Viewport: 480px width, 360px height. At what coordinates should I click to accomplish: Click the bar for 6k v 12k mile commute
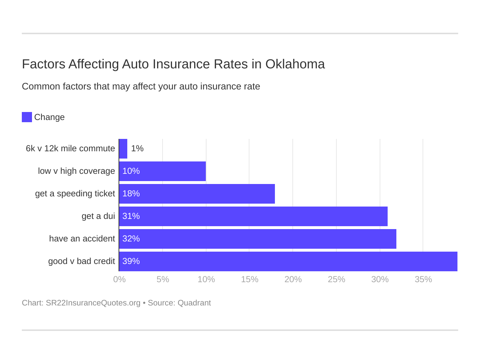pos(123,149)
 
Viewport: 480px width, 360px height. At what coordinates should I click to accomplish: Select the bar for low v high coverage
pos(163,171)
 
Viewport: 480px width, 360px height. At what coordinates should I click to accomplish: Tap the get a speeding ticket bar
pos(197,194)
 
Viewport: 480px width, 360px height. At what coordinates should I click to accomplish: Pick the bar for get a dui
pos(253,216)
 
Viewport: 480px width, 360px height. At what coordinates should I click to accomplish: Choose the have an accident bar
pos(258,239)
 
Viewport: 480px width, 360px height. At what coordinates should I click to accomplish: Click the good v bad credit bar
pos(288,261)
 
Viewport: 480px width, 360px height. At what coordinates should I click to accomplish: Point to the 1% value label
pos(137,149)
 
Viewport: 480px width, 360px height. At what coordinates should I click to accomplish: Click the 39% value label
pos(131,261)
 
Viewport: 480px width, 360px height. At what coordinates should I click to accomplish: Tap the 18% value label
pos(131,194)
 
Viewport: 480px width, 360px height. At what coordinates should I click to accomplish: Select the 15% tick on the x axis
pos(249,279)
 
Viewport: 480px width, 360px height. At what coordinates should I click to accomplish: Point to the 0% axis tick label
pos(119,279)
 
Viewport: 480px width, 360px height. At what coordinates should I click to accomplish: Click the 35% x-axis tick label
pos(423,279)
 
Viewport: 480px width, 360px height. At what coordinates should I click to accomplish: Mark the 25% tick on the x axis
pos(336,279)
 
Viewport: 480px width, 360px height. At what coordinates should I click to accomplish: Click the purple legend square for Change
pos(27,117)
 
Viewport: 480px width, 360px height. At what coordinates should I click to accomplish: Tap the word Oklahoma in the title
pos(295,64)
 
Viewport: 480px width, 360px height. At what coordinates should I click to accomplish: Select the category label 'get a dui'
pos(98,216)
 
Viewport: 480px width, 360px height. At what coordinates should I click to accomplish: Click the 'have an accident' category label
pos(82,239)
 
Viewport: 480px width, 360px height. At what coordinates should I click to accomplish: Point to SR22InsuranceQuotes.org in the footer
pos(93,303)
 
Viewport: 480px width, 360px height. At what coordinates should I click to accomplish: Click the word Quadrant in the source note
pos(194,303)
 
